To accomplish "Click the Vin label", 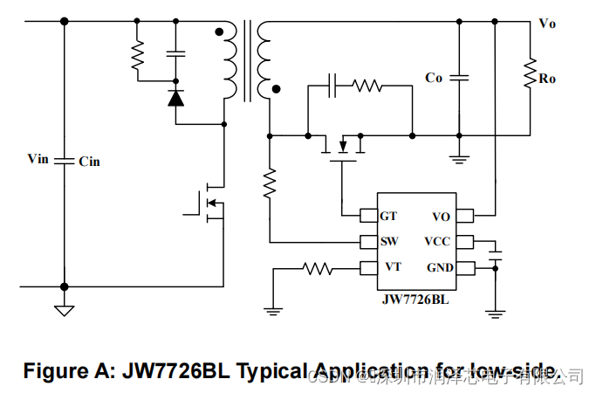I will (x=38, y=159).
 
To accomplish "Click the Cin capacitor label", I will (x=89, y=162).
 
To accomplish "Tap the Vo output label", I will (x=547, y=24).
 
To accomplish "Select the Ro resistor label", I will (x=548, y=79).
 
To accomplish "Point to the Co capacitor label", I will (x=434, y=78).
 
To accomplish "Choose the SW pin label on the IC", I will (x=390, y=241).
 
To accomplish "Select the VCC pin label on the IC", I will (x=438, y=241).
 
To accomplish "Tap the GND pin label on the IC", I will (x=439, y=267).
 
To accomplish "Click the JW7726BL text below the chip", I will (x=415, y=300).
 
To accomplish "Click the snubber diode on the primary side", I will (x=175, y=98).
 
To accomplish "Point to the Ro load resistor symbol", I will (x=529, y=74).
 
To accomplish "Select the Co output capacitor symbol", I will (x=457, y=78).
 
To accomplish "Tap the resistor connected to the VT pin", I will (x=318, y=269).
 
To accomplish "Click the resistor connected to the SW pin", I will (x=270, y=183).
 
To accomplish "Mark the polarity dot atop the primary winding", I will (x=218, y=31).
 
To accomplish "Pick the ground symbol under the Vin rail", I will (x=63, y=308).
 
